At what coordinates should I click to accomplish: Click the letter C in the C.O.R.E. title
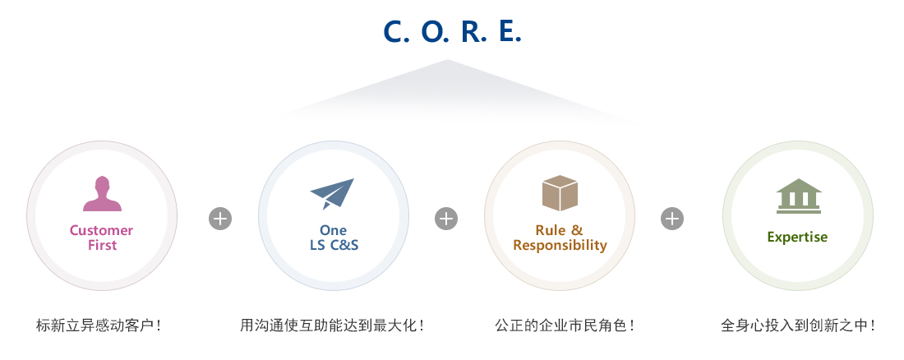pyautogui.click(x=394, y=30)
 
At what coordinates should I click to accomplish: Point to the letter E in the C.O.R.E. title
pyautogui.click(x=509, y=30)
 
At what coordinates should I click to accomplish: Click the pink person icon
pyautogui.click(x=102, y=194)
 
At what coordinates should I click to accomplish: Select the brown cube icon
pyautogui.click(x=560, y=192)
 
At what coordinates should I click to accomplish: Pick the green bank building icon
pyautogui.click(x=798, y=196)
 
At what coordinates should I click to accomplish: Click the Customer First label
pyautogui.click(x=101, y=238)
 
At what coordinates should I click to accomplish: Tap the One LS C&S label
pyautogui.click(x=334, y=238)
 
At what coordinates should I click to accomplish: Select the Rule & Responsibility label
pyautogui.click(x=560, y=238)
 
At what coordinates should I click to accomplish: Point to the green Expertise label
pyautogui.click(x=797, y=238)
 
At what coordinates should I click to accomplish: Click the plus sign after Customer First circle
pyautogui.click(x=220, y=219)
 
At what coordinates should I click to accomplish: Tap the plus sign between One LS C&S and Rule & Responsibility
pyautogui.click(x=446, y=219)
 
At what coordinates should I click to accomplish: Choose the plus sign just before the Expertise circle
pyautogui.click(x=672, y=219)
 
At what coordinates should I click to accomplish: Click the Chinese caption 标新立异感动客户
pyautogui.click(x=99, y=325)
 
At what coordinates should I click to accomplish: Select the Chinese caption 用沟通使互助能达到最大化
pyautogui.click(x=332, y=325)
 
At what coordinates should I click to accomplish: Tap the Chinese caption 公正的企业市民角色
pyautogui.click(x=565, y=325)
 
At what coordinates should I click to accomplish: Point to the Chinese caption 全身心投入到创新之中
pyautogui.click(x=797, y=325)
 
